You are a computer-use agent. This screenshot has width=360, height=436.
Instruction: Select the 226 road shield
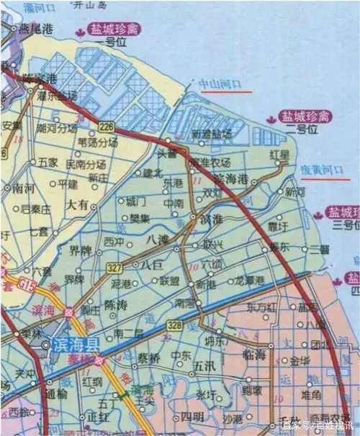[x=107, y=127]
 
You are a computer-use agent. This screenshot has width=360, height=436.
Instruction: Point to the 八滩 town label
[x=158, y=237]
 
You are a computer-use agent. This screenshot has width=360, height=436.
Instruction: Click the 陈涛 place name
[x=117, y=305]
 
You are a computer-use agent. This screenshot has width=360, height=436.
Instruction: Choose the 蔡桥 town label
[x=149, y=358]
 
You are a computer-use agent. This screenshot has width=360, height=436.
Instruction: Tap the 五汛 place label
[x=204, y=367]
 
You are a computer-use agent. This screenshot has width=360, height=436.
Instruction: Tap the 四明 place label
[x=192, y=417]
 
